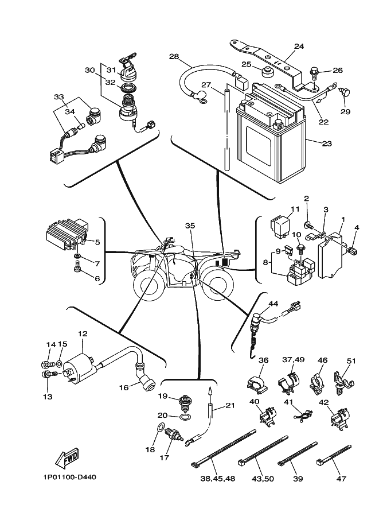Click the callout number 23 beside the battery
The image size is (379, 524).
[326, 144]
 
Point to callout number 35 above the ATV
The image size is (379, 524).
[190, 226]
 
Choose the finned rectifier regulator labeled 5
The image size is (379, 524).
[62, 235]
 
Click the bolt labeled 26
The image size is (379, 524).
[314, 72]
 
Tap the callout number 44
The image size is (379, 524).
[273, 304]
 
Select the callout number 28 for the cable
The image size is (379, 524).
[174, 56]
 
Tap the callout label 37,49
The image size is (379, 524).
[293, 360]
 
